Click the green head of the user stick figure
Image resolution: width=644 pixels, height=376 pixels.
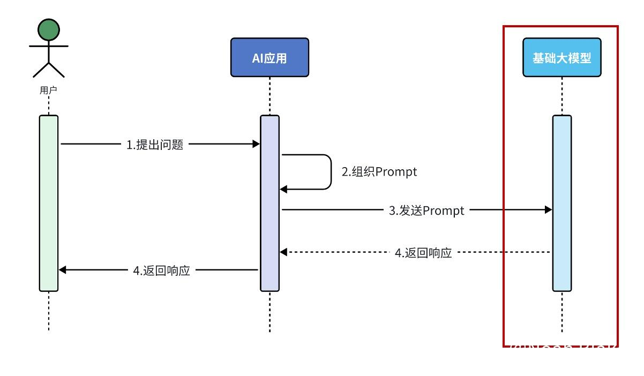pyautogui.click(x=49, y=29)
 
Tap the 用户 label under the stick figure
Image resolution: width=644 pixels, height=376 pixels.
pyautogui.click(x=48, y=91)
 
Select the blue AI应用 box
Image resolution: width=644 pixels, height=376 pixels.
pyautogui.click(x=269, y=57)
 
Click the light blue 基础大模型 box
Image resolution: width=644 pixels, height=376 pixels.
pyautogui.click(x=561, y=57)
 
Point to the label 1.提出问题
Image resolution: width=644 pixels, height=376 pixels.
pyautogui.click(x=155, y=145)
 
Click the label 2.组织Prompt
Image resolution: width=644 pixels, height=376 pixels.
pyautogui.click(x=379, y=172)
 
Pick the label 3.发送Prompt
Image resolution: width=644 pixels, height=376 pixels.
pyautogui.click(x=426, y=210)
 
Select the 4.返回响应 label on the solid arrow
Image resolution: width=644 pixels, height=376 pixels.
pyautogui.click(x=161, y=270)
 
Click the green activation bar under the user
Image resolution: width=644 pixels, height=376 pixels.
pyautogui.click(x=48, y=204)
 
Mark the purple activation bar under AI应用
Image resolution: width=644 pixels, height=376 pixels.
pyautogui.click(x=269, y=204)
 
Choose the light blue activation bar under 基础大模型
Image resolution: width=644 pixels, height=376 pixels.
pyautogui.click(x=561, y=204)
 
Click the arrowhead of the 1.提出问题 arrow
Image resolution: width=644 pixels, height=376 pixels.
pyautogui.click(x=256, y=144)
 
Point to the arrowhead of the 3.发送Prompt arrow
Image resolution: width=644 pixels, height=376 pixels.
pyautogui.click(x=548, y=210)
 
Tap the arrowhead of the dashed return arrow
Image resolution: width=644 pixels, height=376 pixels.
pyautogui.click(x=284, y=252)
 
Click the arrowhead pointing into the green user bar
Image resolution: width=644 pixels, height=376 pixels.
pyautogui.click(x=63, y=270)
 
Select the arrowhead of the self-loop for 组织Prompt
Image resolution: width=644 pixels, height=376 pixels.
pyautogui.click(x=284, y=189)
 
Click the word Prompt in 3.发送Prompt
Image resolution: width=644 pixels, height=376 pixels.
pyautogui.click(x=444, y=210)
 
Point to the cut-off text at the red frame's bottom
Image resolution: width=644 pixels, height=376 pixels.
pyautogui.click(x=560, y=347)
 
